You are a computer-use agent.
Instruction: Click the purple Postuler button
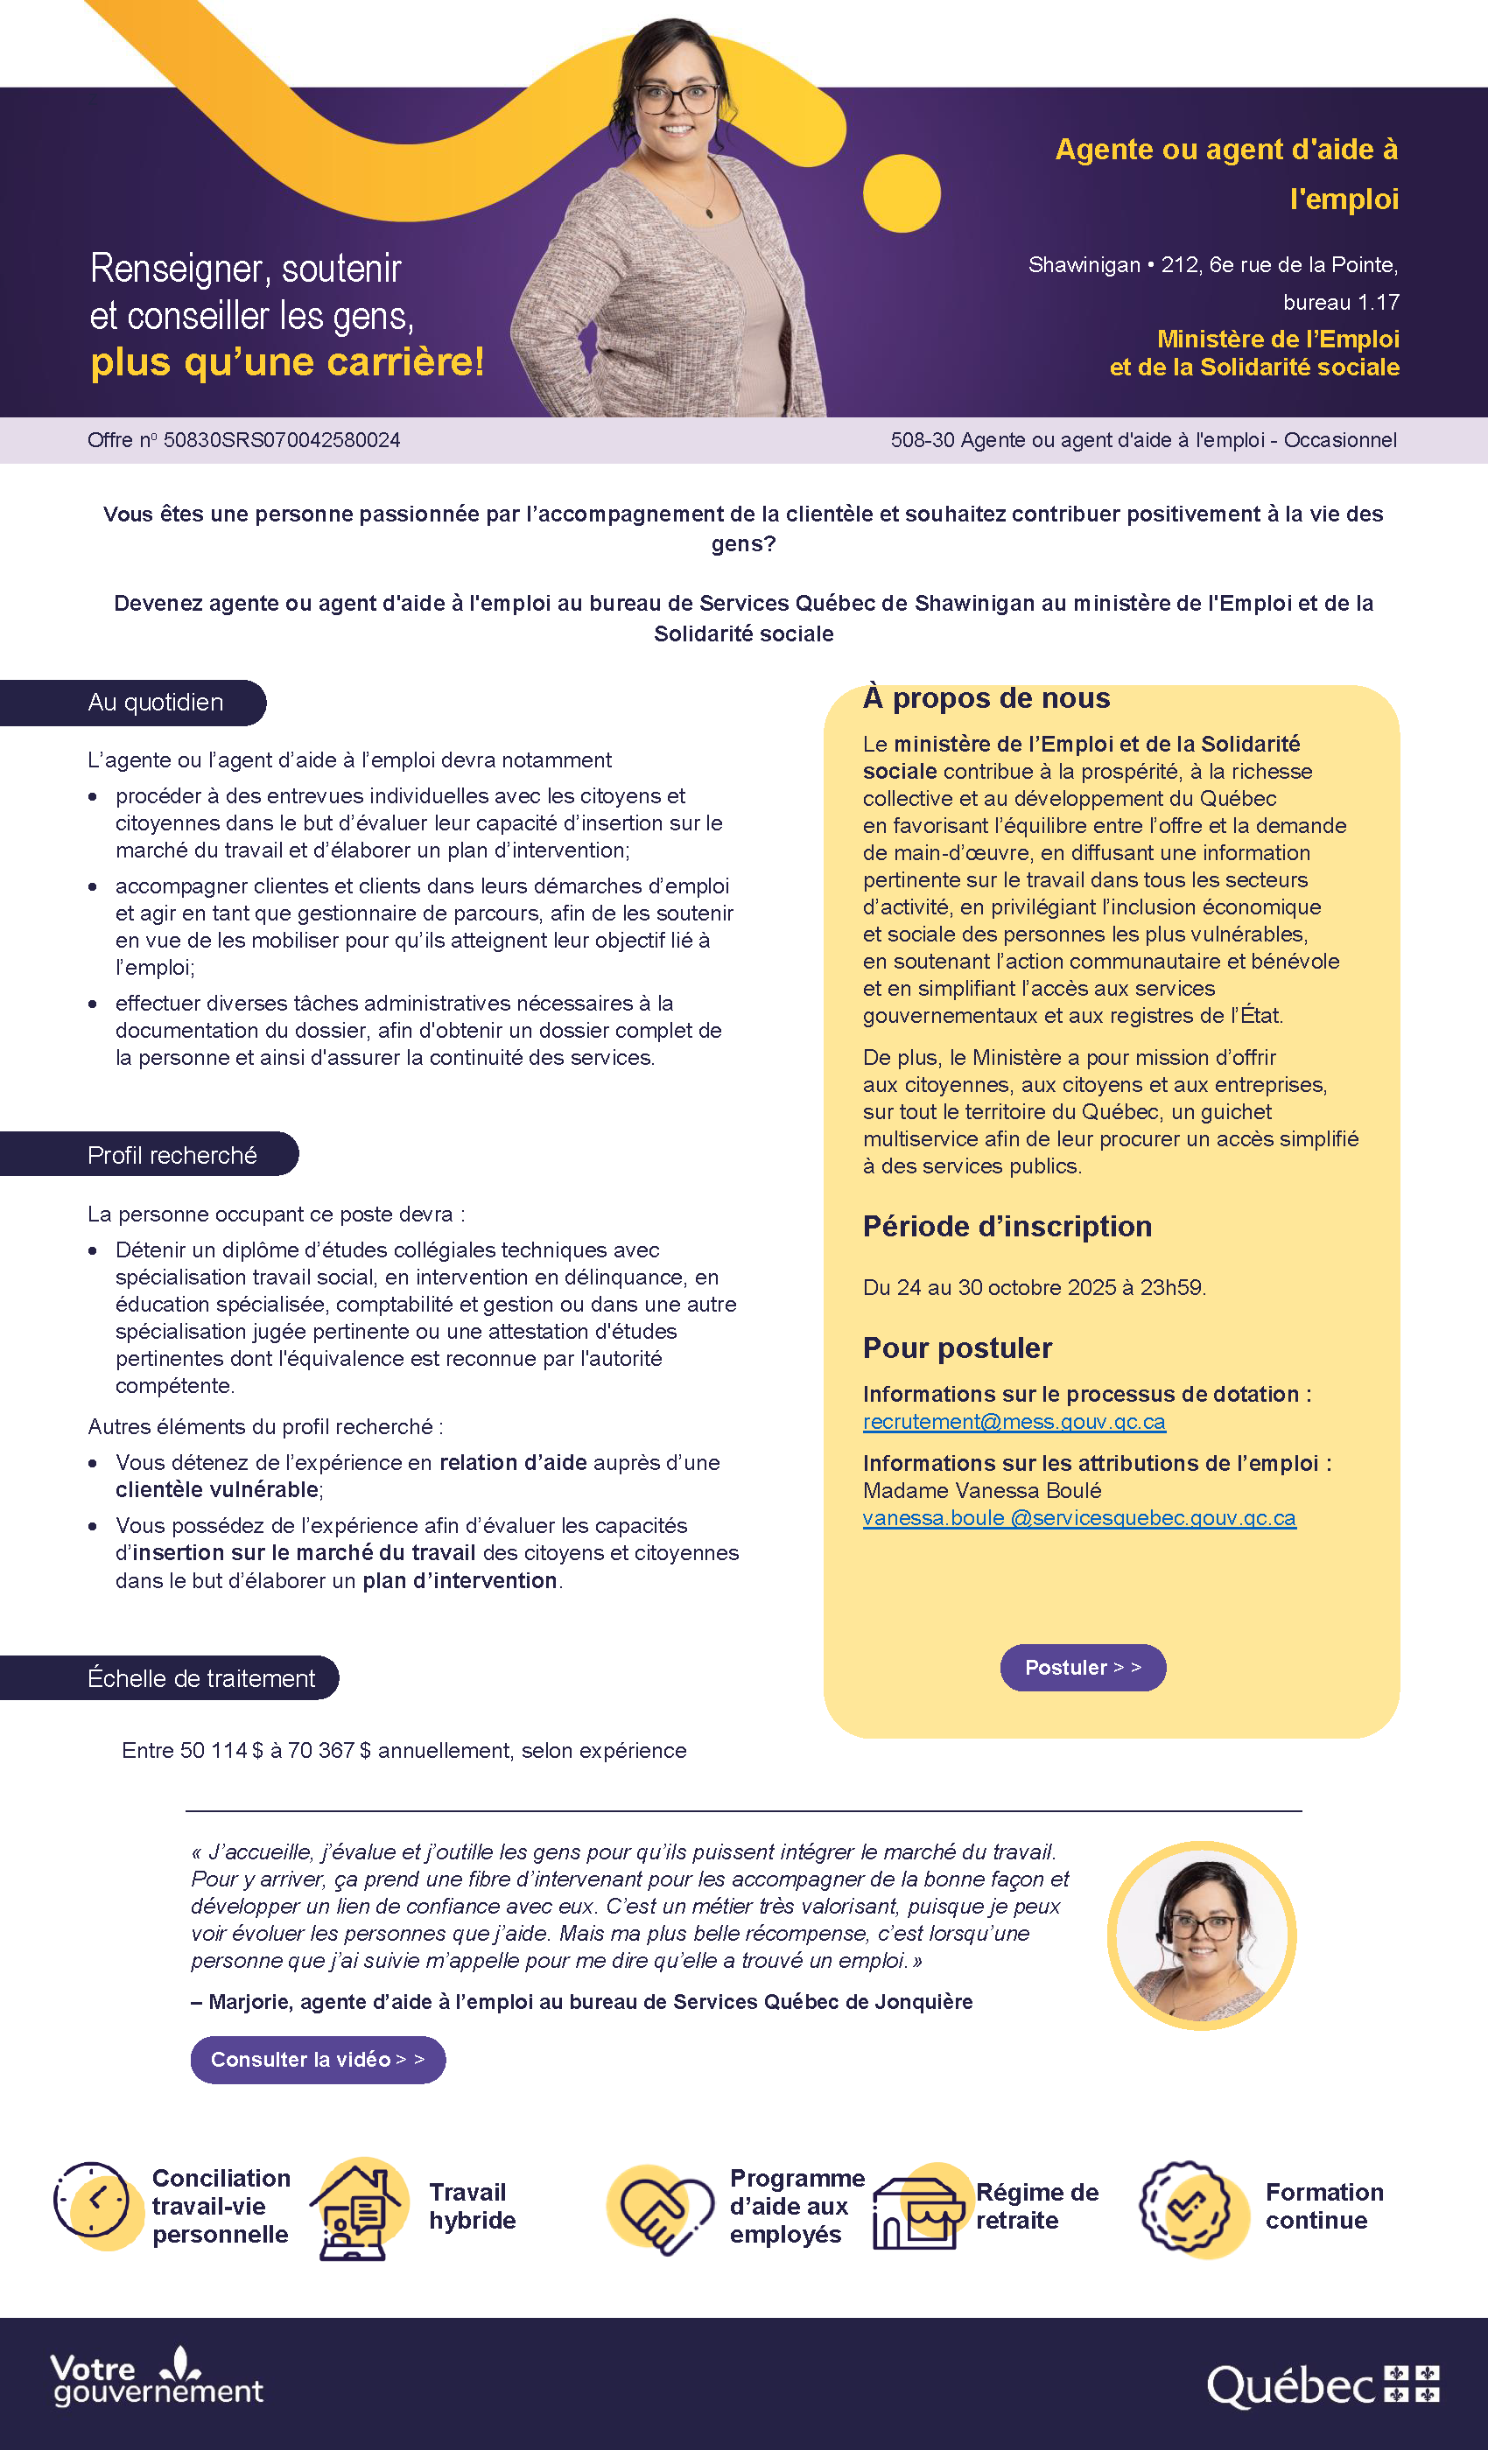pos(1082,1668)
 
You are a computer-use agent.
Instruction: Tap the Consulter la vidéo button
pos(317,2059)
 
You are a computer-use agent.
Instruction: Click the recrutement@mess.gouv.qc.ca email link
pos(1014,1422)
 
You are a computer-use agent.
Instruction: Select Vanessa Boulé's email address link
pos(1079,1518)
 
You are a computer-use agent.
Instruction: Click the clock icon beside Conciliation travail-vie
pos(93,2200)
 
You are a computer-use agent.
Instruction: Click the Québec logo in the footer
pos(1322,2385)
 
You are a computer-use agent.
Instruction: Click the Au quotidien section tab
pos(156,703)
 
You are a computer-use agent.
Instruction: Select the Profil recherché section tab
pos(172,1155)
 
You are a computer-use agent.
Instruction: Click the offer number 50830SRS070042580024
pos(282,440)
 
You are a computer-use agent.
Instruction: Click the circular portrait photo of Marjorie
pos(1202,1935)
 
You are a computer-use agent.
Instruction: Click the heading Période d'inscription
pos(1007,1227)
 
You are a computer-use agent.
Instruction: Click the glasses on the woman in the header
pos(676,97)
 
